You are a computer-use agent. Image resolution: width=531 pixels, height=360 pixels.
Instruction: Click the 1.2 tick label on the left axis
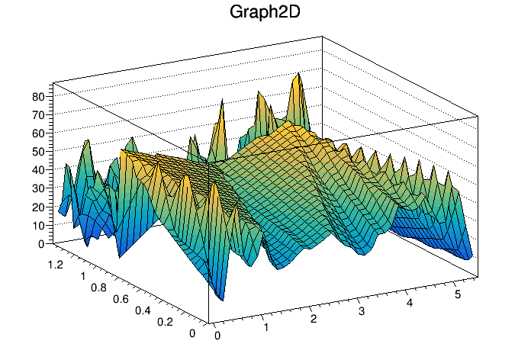click(53, 263)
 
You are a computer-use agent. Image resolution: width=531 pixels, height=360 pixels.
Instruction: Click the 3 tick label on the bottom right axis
click(362, 311)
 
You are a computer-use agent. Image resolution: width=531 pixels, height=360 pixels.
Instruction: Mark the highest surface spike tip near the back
click(297, 74)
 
